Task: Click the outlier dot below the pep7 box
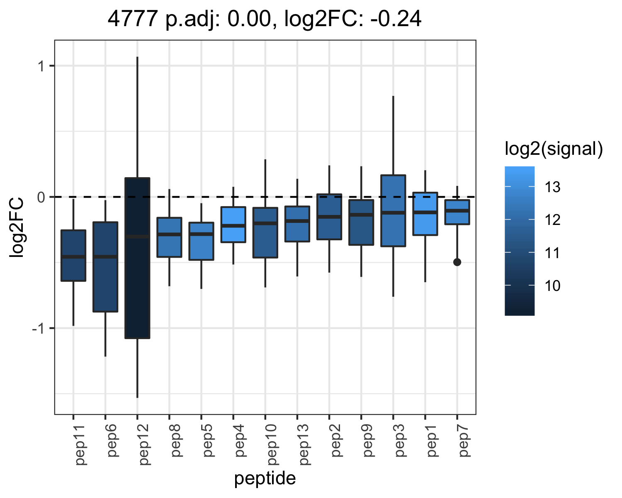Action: tap(457, 262)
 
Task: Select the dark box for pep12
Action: tap(137, 258)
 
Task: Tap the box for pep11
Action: tap(73, 256)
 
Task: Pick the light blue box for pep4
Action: tap(233, 225)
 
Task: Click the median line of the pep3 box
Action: tap(393, 212)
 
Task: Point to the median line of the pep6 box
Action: tap(105, 256)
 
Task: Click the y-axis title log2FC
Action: tap(16, 227)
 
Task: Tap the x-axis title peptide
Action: tap(265, 478)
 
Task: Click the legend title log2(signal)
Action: tap(554, 149)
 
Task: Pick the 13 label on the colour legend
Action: tap(552, 187)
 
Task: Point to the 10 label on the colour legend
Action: tap(552, 286)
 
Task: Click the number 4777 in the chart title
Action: tap(133, 19)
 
